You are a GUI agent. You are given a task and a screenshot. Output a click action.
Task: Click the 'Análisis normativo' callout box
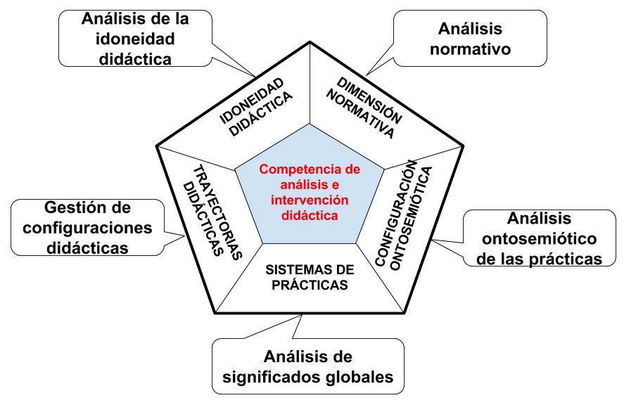(469, 39)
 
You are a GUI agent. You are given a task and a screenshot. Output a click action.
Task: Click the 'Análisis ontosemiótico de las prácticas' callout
(539, 238)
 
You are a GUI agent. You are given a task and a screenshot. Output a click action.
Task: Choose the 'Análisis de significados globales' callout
(307, 366)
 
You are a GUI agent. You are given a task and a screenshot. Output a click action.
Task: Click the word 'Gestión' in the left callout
(78, 208)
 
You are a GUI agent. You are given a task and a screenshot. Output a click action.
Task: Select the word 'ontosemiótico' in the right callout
(539, 238)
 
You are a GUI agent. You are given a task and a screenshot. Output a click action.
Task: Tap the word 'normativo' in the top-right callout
(469, 49)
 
